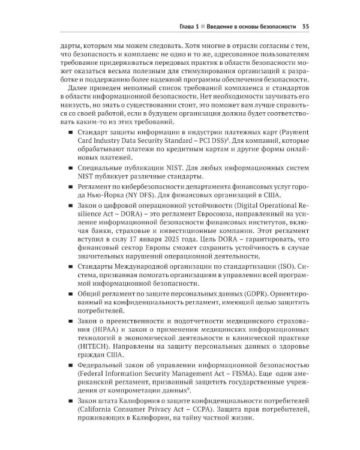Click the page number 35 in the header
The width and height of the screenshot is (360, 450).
click(305, 26)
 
